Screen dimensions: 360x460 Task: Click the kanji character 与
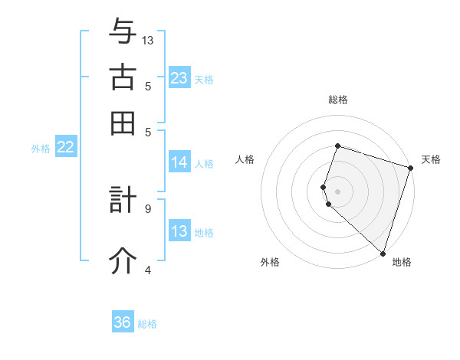pyautogui.click(x=123, y=32)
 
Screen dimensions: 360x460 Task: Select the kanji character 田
pyautogui.click(x=123, y=123)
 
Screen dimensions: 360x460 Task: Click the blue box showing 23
pyautogui.click(x=179, y=78)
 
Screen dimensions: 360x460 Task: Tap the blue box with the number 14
pyautogui.click(x=179, y=162)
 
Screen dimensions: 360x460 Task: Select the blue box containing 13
pyautogui.click(x=179, y=231)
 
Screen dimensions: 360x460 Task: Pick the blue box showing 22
pyautogui.click(x=65, y=148)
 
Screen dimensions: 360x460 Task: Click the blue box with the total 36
pyautogui.click(x=123, y=322)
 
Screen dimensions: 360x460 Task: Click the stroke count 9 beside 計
pyautogui.click(x=148, y=208)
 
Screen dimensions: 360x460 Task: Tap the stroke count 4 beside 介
pyautogui.click(x=148, y=269)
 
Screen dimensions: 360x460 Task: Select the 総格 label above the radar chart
pyautogui.click(x=338, y=100)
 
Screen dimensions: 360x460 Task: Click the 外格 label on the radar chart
pyautogui.click(x=270, y=263)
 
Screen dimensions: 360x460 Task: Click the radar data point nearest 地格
pyautogui.click(x=383, y=253)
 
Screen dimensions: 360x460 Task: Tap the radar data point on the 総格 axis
pyautogui.click(x=337, y=146)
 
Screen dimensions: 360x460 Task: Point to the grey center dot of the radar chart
pyautogui.click(x=337, y=191)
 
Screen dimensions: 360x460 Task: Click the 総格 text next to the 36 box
pyautogui.click(x=147, y=324)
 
